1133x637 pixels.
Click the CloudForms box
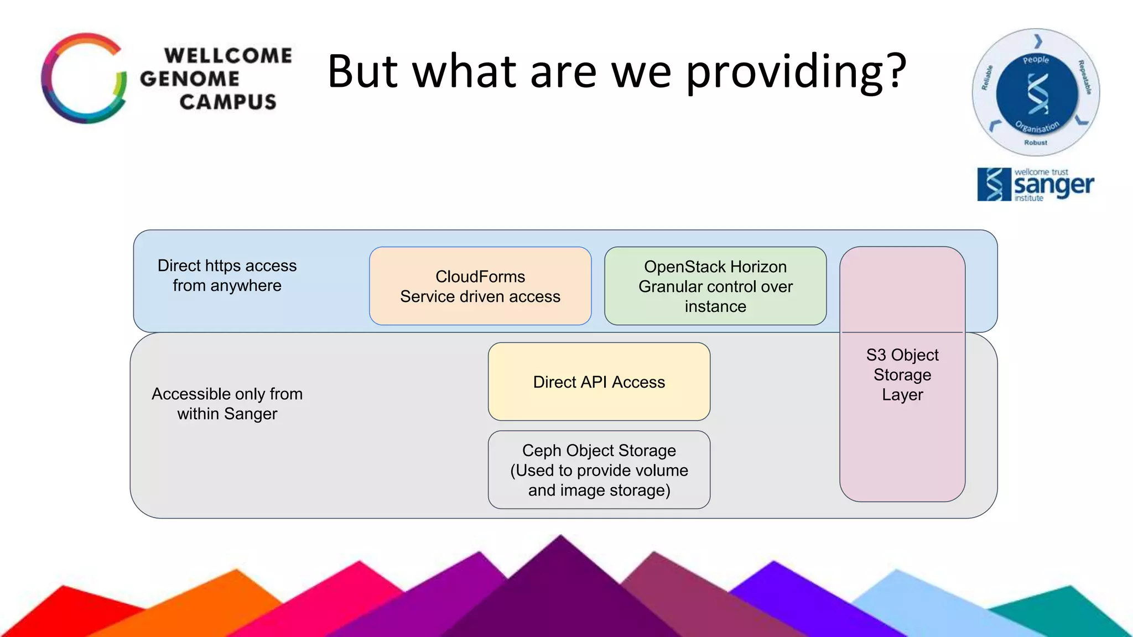click(x=480, y=286)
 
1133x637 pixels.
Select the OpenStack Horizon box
click(x=715, y=286)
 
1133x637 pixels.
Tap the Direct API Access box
click(x=599, y=382)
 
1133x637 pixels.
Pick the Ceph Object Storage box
click(x=599, y=470)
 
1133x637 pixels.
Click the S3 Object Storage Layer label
click(x=902, y=375)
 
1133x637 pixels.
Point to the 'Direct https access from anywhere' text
click(x=227, y=275)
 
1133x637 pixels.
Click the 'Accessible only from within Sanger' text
click(x=227, y=404)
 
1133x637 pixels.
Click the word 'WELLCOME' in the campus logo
click(x=228, y=55)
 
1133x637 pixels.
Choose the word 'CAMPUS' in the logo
click(x=228, y=102)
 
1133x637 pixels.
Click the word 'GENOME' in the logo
click(x=190, y=79)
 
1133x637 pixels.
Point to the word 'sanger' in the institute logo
click(x=1053, y=186)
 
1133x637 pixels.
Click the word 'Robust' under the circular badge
click(x=1036, y=143)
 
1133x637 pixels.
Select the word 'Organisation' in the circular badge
click(x=1037, y=127)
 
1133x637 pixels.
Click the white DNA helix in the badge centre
click(x=1037, y=93)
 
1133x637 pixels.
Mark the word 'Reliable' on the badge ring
click(x=987, y=77)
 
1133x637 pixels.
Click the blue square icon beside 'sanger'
click(x=994, y=184)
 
